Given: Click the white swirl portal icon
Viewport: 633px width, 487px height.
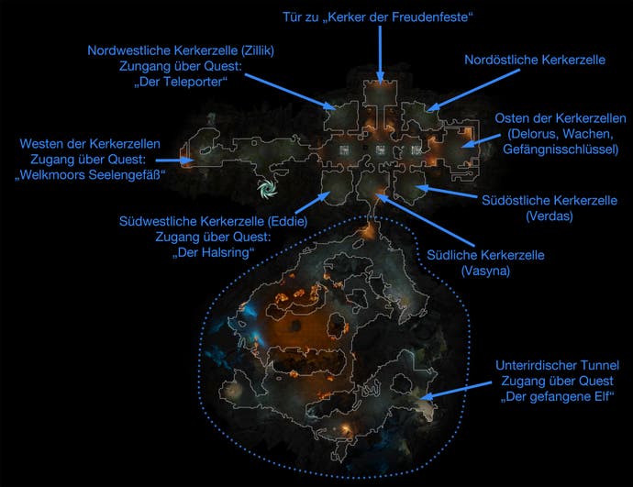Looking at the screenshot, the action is click(x=267, y=188).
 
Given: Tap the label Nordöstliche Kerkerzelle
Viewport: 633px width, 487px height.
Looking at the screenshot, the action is click(x=535, y=61).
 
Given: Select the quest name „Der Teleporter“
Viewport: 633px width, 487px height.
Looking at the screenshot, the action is click(x=181, y=82).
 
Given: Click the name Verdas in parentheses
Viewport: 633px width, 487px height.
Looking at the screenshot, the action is click(x=550, y=216).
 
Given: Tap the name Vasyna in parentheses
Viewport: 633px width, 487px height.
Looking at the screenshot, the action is click(x=485, y=271).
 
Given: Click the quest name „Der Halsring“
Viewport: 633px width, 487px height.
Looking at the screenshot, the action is click(x=213, y=252).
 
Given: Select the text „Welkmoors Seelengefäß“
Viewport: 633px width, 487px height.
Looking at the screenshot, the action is click(x=90, y=175).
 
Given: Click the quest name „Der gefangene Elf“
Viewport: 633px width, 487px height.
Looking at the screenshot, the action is click(x=558, y=397).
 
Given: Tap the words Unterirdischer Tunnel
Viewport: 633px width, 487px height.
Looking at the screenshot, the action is click(x=557, y=366).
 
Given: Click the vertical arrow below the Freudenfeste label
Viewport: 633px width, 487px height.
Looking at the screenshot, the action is click(x=380, y=55).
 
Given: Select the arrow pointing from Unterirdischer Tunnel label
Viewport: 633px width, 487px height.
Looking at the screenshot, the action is click(x=457, y=390).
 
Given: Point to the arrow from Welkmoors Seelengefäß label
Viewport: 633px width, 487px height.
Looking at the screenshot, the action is click(x=174, y=160).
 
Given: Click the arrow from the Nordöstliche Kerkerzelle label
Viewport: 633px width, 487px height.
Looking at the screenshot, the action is click(x=473, y=90).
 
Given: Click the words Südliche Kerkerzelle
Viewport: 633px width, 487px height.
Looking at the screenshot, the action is click(x=485, y=255).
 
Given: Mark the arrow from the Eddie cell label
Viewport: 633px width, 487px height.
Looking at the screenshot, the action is click(x=313, y=203).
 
